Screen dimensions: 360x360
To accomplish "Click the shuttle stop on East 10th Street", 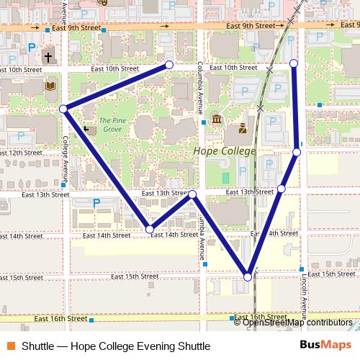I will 169,65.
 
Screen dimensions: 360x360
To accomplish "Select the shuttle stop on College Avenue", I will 63,109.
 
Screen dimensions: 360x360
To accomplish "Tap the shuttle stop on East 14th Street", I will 150,229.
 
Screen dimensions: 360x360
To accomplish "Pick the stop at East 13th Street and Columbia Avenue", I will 193,194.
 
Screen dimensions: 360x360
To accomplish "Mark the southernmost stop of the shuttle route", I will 248,276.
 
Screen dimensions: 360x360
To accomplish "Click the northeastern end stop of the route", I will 294,64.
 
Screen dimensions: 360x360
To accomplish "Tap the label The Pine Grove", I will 110,125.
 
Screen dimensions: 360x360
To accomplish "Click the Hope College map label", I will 225,151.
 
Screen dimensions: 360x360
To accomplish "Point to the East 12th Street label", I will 22,153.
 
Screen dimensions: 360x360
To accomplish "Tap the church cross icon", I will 48,56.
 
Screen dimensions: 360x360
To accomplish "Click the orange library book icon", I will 50,86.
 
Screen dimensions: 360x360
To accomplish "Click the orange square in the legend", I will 11,346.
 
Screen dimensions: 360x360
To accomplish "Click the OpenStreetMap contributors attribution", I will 297,323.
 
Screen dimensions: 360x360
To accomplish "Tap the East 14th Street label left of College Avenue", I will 22,236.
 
